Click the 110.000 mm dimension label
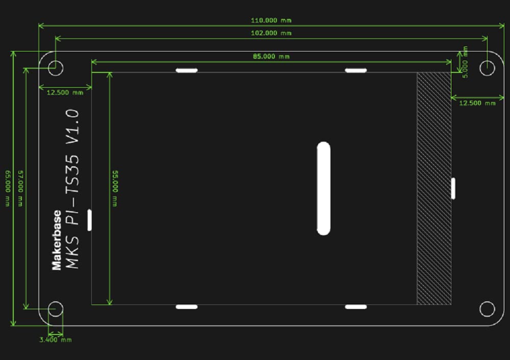tap(271, 20)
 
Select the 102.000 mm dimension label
tap(271, 33)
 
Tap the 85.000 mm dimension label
tap(271, 56)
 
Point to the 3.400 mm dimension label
tap(56, 340)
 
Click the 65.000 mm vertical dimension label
tap(8, 188)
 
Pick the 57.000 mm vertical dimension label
tap(20, 188)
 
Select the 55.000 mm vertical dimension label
tap(115, 188)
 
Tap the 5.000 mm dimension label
tap(465, 62)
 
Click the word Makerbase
tap(57, 240)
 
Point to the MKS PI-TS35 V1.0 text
tap(72, 189)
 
